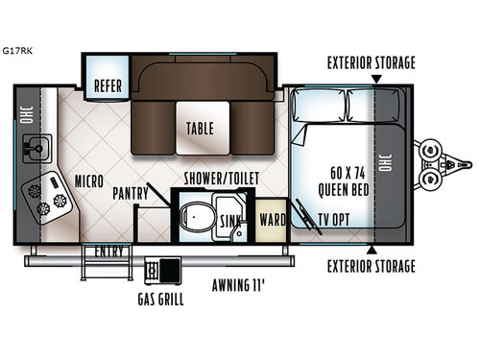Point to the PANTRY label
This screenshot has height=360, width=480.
pyautogui.click(x=130, y=192)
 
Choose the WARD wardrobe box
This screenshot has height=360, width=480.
pyautogui.click(x=272, y=220)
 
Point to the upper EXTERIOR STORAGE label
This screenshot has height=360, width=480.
pyautogui.click(x=370, y=63)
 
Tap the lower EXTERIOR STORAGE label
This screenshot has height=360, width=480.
pyautogui.click(x=370, y=266)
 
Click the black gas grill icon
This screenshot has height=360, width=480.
pyautogui.click(x=171, y=271)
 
